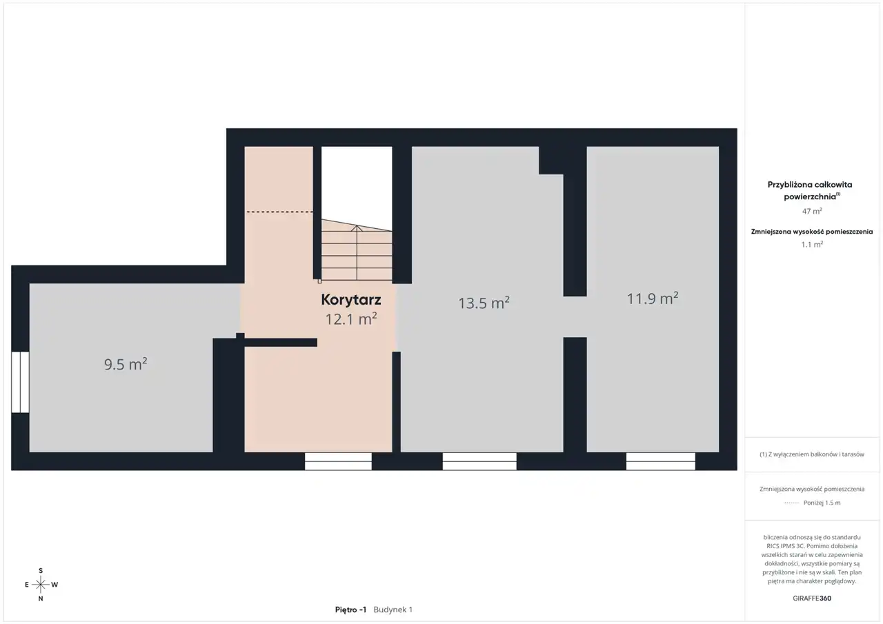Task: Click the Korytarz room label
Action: pos(351,300)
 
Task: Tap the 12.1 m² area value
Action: pos(351,319)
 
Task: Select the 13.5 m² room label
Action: pos(484,303)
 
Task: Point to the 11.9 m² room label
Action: pos(653,299)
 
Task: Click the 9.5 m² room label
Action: pos(126,364)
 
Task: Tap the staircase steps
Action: pos(357,250)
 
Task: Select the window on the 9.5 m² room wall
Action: pos(20,382)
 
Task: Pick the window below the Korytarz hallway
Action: pos(338,461)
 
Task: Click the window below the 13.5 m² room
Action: pos(479,461)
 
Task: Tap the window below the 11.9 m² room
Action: pos(661,461)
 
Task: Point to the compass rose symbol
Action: pos(41,585)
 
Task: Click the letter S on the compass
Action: pos(41,571)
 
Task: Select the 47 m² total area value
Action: pos(812,211)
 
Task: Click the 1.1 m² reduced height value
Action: pos(812,244)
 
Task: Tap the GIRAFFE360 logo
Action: pos(812,598)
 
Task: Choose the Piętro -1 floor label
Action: pos(350,610)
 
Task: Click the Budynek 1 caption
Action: pos(393,610)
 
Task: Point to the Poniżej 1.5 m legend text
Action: pos(822,503)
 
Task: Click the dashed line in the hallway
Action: pos(280,212)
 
